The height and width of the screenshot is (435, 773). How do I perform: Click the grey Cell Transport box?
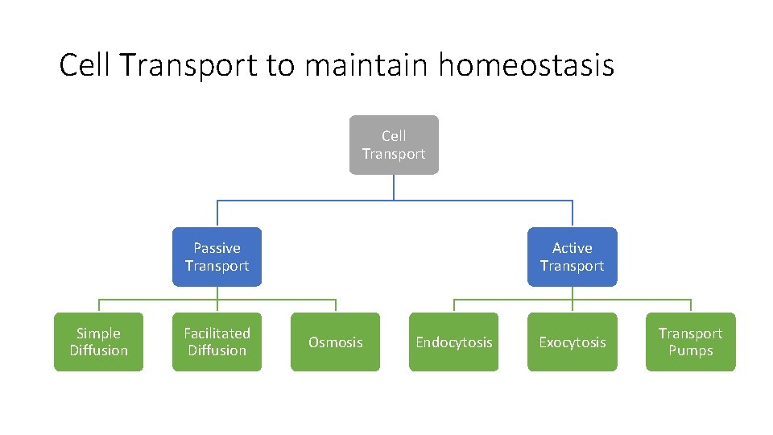(x=394, y=145)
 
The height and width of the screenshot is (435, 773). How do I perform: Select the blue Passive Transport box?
(x=217, y=257)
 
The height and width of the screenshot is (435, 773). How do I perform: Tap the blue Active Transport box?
(x=572, y=257)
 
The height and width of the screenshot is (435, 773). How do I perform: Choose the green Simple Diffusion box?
(x=98, y=342)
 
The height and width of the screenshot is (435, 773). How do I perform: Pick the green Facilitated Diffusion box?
(x=217, y=342)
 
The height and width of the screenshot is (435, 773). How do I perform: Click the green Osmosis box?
(x=335, y=342)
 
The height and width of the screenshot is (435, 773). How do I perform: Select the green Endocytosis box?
(x=453, y=342)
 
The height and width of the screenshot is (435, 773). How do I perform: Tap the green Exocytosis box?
(x=572, y=342)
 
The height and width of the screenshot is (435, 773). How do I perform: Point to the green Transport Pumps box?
(x=690, y=342)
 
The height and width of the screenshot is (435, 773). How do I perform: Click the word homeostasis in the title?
(x=526, y=65)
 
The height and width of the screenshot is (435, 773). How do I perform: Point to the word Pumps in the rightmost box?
(x=690, y=350)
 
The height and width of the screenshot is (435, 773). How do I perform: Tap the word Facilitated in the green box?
(x=217, y=333)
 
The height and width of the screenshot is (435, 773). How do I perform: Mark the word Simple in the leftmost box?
(x=98, y=333)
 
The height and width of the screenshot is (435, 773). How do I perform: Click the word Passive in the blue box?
(x=217, y=248)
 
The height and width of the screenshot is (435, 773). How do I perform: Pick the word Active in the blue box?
(x=572, y=248)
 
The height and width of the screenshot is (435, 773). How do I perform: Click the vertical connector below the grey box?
(x=394, y=187)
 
